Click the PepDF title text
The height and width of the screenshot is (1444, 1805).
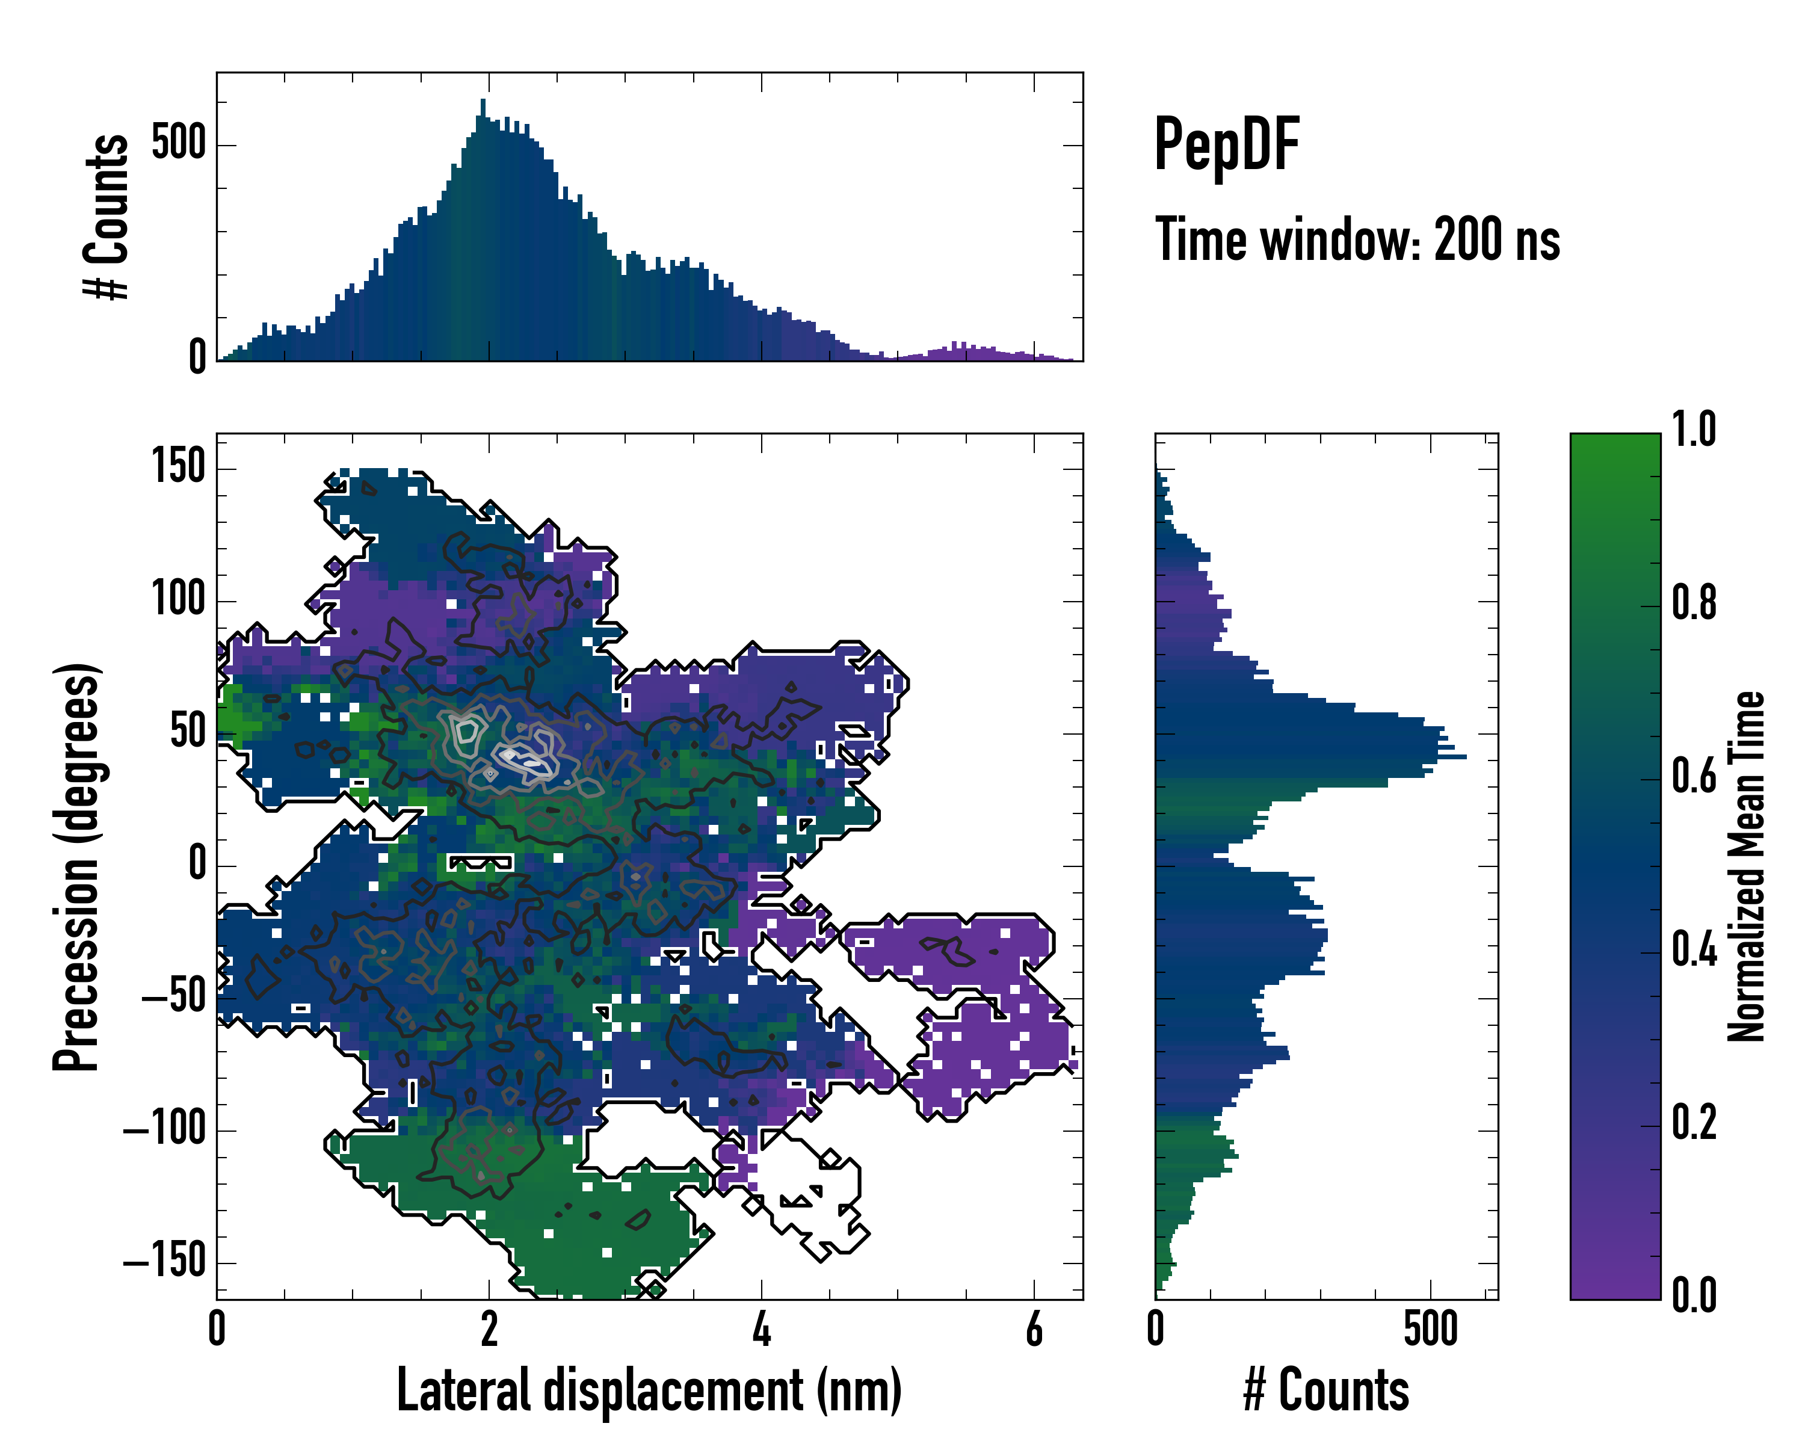1226,145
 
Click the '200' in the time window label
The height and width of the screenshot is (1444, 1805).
1466,240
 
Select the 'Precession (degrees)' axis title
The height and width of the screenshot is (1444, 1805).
76,866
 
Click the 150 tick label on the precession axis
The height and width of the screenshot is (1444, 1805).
178,466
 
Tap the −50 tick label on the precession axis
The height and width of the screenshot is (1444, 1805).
173,997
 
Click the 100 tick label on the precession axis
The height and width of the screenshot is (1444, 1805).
178,599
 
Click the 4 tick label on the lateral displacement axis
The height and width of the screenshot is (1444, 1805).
761,1328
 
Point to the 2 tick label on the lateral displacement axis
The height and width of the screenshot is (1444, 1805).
489,1328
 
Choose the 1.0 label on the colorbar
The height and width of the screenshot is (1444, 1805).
1694,430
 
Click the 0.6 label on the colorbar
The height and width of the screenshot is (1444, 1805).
1694,776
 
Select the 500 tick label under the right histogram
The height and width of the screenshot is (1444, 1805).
1430,1328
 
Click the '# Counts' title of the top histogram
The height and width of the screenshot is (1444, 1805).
107,217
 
